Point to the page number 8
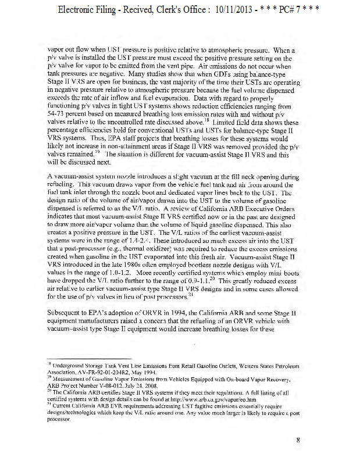pyautogui.click(x=297, y=440)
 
